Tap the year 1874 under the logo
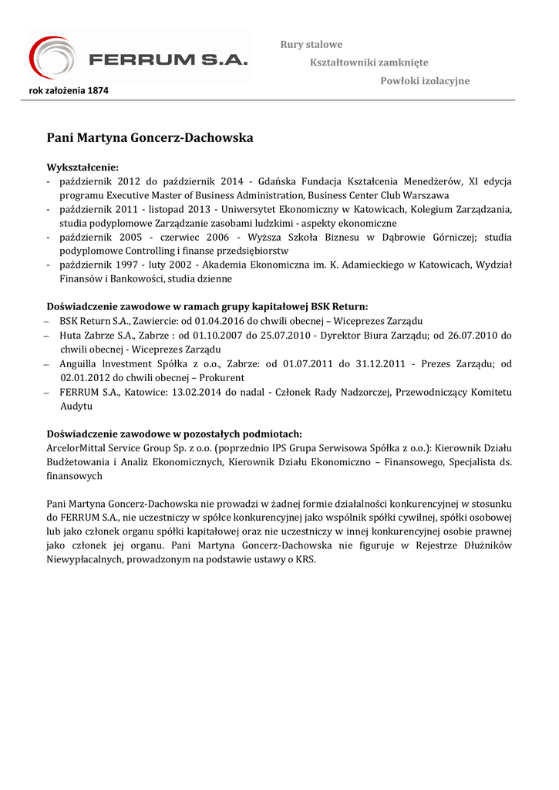[x=97, y=90]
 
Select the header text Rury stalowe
[x=311, y=45]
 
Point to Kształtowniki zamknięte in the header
[x=369, y=62]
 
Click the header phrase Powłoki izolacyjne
[x=425, y=81]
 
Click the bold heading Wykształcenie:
[x=83, y=167]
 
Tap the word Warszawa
[x=423, y=195]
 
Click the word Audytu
[x=76, y=406]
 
